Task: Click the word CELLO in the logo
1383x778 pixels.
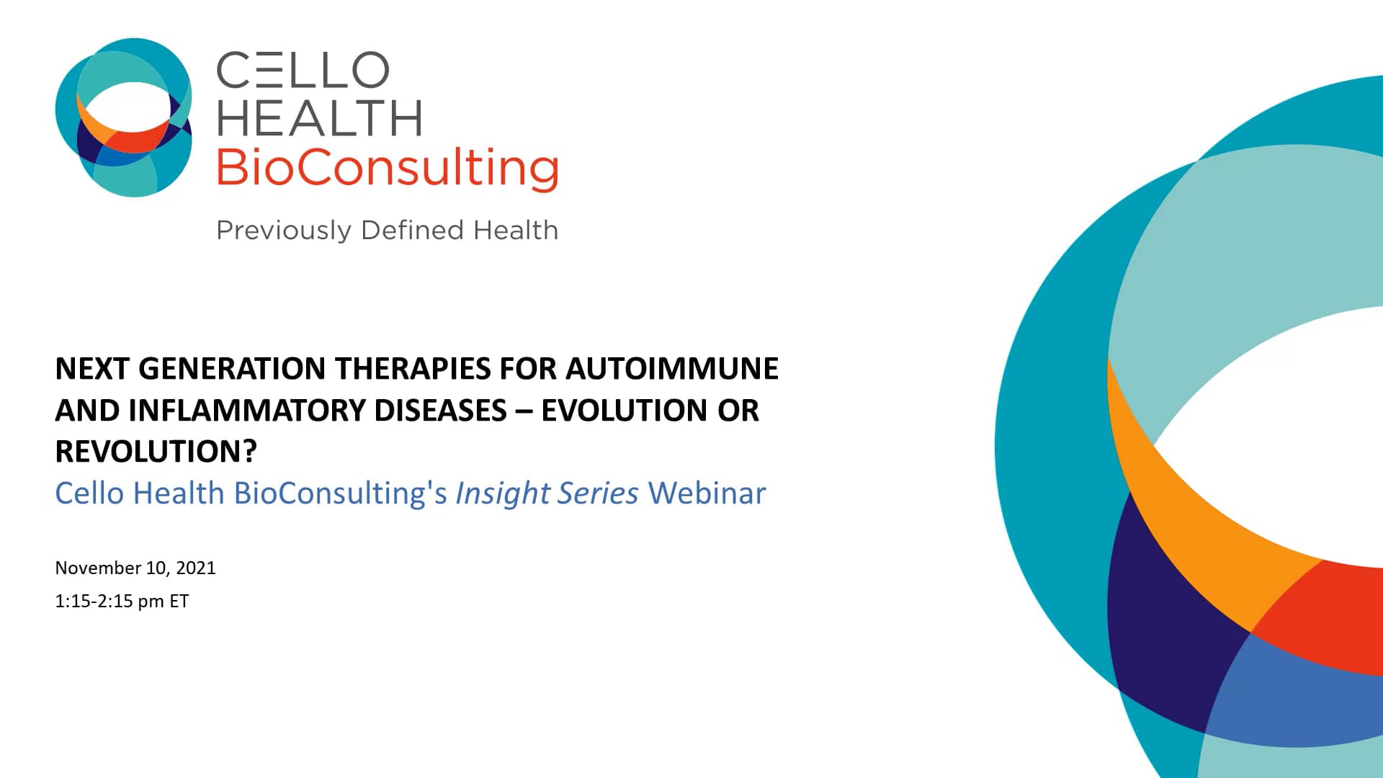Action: click(x=303, y=71)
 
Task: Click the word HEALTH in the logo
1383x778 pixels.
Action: click(x=319, y=119)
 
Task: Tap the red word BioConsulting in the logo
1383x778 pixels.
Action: click(x=387, y=168)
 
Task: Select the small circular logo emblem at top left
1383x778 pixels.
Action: click(x=124, y=117)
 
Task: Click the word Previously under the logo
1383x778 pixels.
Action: click(x=284, y=231)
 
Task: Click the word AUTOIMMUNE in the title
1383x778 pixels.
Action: click(x=671, y=369)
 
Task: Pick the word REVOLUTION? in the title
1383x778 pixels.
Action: click(x=156, y=452)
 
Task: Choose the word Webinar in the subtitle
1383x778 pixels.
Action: click(x=707, y=493)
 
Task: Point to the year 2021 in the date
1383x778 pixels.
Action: click(x=196, y=568)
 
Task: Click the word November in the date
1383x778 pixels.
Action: click(x=98, y=568)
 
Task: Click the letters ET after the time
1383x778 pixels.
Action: click(x=179, y=602)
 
